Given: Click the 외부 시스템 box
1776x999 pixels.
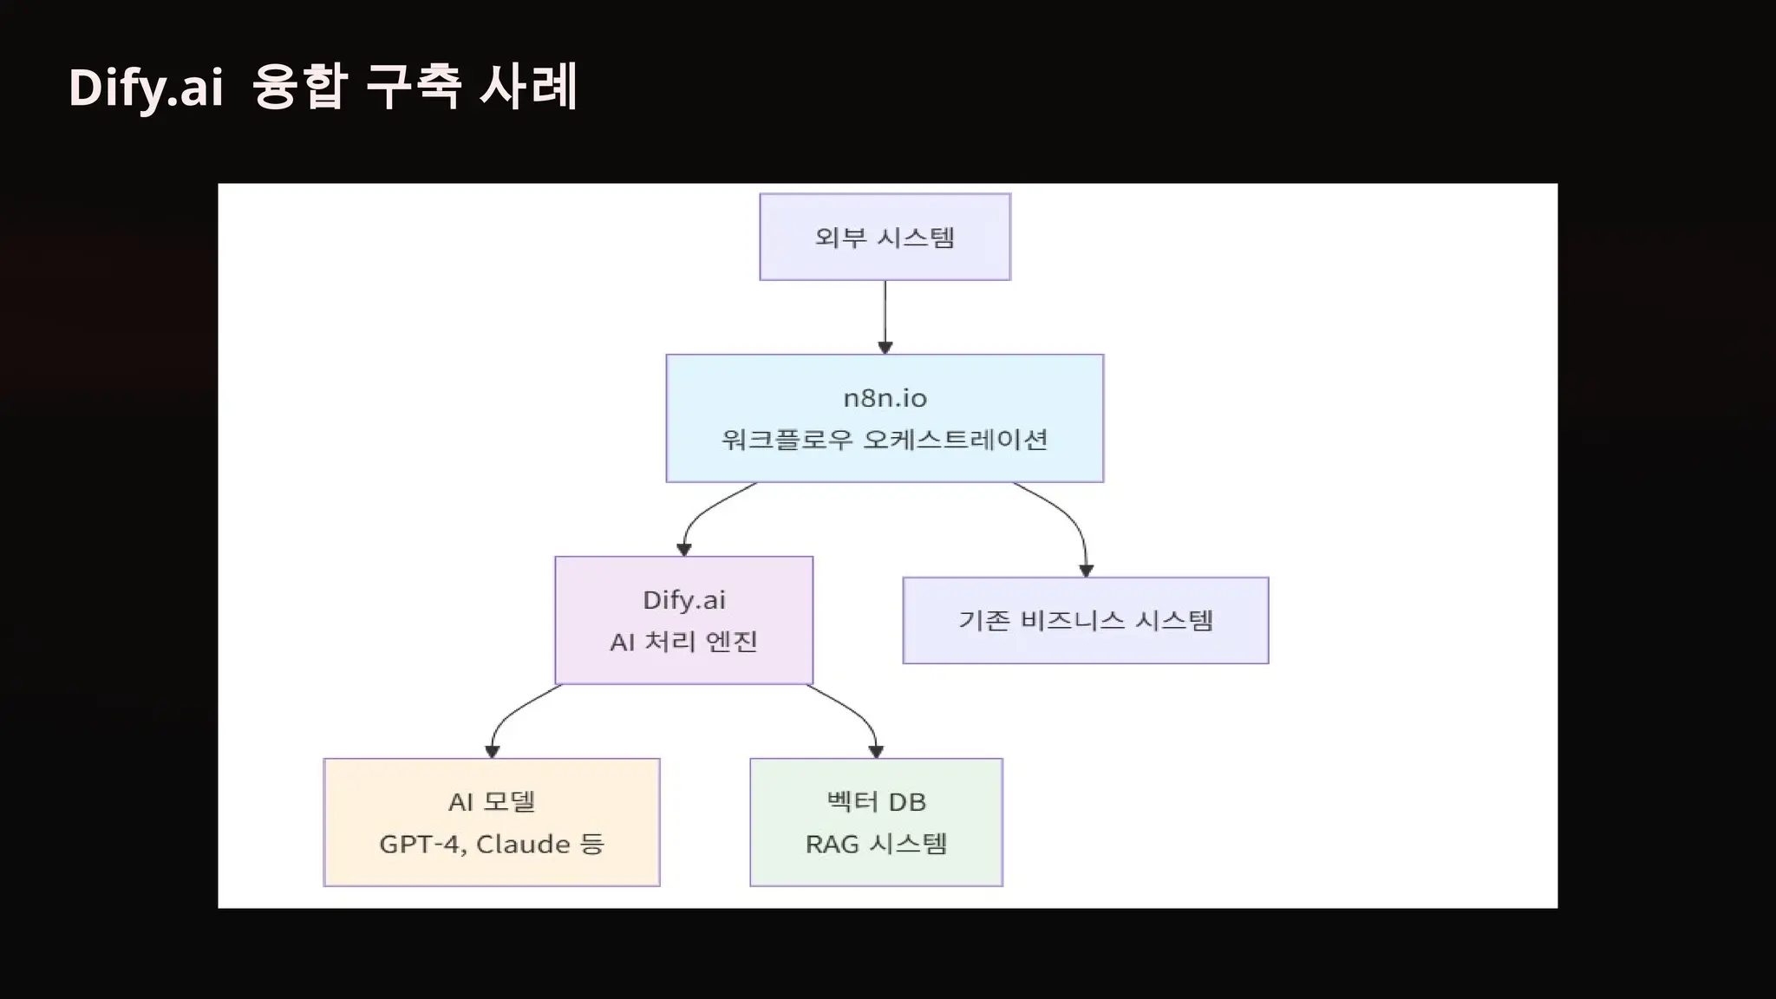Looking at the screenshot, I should pyautogui.click(x=885, y=237).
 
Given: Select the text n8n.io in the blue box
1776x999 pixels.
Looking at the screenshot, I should pyautogui.click(x=885, y=398).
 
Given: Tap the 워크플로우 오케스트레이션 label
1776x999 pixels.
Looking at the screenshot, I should pyautogui.click(x=885, y=440).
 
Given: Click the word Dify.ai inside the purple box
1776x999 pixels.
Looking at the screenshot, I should pyautogui.click(x=683, y=600).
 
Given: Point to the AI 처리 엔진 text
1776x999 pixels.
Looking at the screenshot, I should pyautogui.click(x=683, y=642).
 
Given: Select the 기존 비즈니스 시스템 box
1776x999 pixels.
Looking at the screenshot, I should pyautogui.click(x=1085, y=621).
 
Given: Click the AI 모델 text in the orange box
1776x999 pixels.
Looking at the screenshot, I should pyautogui.click(x=491, y=802).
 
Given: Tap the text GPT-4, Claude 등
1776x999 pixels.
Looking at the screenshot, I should pyautogui.click(x=491, y=844).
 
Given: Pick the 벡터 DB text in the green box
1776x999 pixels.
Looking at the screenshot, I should pyautogui.click(x=876, y=802).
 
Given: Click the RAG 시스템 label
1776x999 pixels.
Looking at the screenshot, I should pyautogui.click(x=876, y=844).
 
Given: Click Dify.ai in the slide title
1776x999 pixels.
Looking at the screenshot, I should pyautogui.click(x=146, y=88).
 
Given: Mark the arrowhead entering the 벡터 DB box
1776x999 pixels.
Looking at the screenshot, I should pyautogui.click(x=876, y=751).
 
